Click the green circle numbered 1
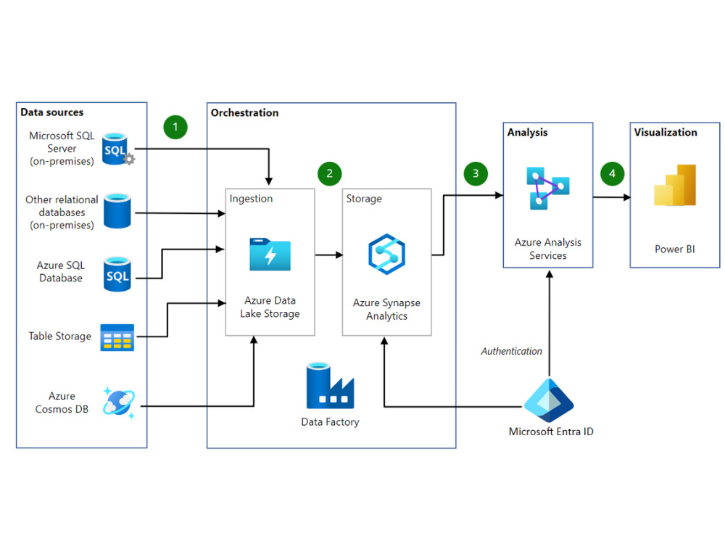[175, 127]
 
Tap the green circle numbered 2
[330, 174]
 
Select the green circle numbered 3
[476, 174]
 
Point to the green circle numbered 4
[612, 174]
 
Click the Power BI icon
[675, 185]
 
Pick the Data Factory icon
[330, 386]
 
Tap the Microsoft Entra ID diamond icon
[549, 400]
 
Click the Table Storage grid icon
[117, 338]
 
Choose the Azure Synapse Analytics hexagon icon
[387, 255]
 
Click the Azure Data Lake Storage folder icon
[270, 254]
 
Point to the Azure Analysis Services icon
[548, 189]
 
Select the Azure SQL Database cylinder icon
[117, 274]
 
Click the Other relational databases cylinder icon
[117, 211]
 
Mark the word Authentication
[511, 352]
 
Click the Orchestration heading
[244, 113]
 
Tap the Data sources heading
[51, 112]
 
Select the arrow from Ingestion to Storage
[328, 255]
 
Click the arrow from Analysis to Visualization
[612, 197]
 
